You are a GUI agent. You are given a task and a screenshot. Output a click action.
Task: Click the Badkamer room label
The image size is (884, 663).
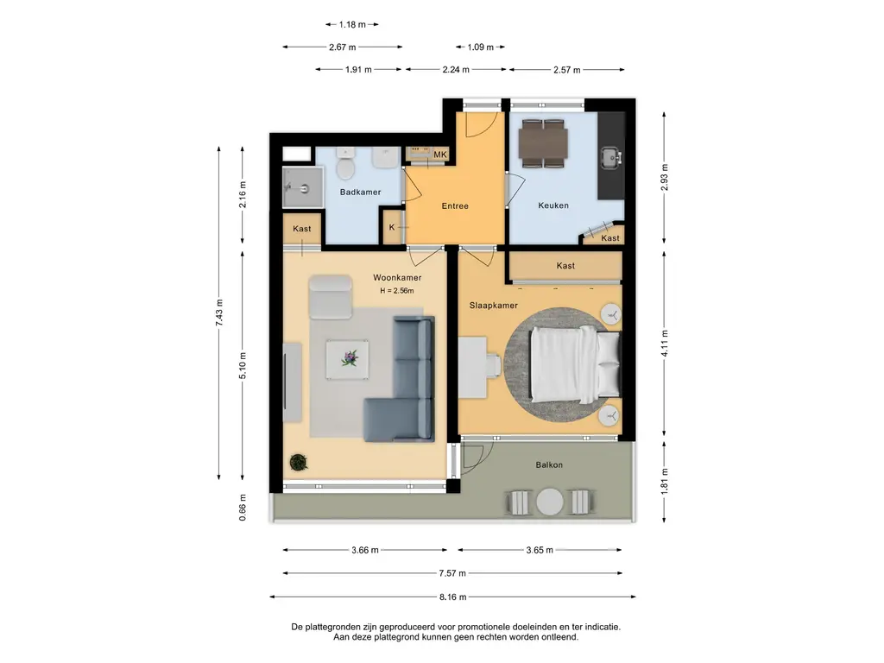360,193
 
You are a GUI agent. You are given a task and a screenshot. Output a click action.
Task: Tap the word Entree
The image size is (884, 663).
455,206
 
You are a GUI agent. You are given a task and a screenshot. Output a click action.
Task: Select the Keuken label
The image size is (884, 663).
553,205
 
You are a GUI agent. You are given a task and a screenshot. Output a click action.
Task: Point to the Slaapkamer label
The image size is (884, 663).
493,306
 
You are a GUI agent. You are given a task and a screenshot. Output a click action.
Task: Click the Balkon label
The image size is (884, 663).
549,465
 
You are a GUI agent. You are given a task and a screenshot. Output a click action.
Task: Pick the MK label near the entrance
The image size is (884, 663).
439,155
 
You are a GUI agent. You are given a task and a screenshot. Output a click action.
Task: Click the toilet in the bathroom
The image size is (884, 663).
344,164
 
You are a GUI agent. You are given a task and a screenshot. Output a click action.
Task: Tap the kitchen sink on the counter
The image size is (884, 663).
610,158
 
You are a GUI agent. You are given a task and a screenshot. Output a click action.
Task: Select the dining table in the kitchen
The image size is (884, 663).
544,144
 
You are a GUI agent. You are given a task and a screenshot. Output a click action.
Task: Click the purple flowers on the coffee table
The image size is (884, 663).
350,358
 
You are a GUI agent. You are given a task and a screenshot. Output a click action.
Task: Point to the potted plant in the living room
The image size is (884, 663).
298,463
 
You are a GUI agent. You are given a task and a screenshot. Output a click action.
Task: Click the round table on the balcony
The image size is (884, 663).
550,502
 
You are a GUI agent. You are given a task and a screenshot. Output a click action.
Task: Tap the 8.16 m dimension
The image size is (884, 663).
452,597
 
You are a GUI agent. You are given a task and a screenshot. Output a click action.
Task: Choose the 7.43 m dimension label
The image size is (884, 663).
219,313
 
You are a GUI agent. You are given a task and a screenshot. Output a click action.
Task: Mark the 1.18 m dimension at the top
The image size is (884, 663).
352,25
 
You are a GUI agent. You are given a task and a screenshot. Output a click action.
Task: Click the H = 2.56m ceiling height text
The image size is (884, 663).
397,291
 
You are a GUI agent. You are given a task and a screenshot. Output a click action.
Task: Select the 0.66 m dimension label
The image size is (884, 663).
243,508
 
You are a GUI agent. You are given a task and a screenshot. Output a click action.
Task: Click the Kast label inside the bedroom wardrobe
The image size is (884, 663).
565,266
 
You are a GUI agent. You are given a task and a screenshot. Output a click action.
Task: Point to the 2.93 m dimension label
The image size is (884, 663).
664,177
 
